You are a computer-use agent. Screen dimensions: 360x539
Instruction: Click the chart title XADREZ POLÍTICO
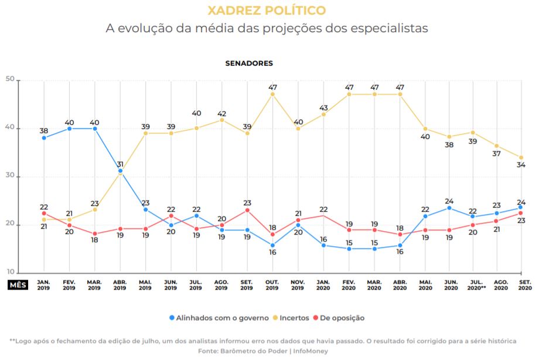click(267, 11)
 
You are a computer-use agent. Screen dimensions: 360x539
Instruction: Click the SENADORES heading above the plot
click(249, 63)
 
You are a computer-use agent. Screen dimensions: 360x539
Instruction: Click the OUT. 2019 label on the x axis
click(272, 285)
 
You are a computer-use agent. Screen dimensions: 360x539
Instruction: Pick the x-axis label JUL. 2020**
click(476, 285)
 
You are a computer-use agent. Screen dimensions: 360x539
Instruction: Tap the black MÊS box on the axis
click(17, 285)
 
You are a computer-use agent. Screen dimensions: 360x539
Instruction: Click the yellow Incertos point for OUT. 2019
click(272, 94)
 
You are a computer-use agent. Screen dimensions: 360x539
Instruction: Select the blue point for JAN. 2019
click(44, 138)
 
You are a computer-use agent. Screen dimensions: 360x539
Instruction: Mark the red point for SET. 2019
click(247, 210)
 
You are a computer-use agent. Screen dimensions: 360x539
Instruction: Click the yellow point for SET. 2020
click(520, 157)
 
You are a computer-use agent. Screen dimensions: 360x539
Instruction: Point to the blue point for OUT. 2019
click(272, 245)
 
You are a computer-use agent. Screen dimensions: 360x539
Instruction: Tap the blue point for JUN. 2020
click(450, 208)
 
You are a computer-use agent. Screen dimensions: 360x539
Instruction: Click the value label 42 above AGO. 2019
click(222, 113)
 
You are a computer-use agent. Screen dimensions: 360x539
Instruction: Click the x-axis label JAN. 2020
click(323, 285)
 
